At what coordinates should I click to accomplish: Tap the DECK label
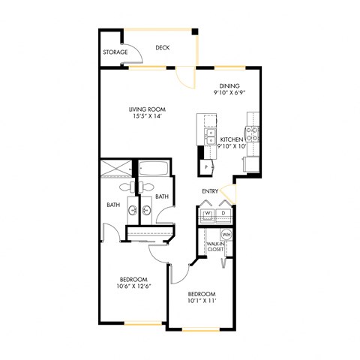[x=162, y=48]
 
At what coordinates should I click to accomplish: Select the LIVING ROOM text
[x=147, y=108]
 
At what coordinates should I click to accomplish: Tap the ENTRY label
[x=210, y=191]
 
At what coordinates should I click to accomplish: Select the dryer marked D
[x=223, y=213]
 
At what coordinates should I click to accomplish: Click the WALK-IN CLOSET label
[x=215, y=246]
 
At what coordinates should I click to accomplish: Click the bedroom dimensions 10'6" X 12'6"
[x=130, y=286]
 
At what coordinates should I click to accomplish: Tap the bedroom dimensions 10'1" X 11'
[x=202, y=300]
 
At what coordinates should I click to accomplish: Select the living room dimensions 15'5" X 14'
[x=147, y=116]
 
